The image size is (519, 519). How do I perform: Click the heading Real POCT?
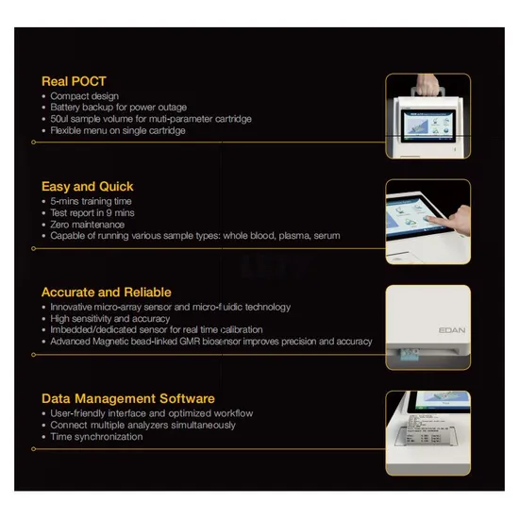pyautogui.click(x=74, y=81)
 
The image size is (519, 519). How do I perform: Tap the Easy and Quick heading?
pyautogui.click(x=88, y=187)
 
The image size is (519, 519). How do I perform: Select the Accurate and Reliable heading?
pyautogui.click(x=107, y=293)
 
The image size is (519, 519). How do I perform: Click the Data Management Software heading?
pyautogui.click(x=128, y=398)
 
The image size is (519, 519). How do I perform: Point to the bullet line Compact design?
pyautogui.click(x=84, y=96)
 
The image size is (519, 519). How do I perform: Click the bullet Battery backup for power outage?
pyautogui.click(x=119, y=108)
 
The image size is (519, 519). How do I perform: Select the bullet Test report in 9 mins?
pyautogui.click(x=92, y=212)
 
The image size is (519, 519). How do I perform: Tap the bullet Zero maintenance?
pyautogui.click(x=88, y=225)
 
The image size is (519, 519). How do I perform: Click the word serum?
pyautogui.click(x=326, y=236)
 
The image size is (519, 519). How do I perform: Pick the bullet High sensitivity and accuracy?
pyautogui.click(x=109, y=318)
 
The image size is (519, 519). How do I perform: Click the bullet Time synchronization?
pyautogui.click(x=96, y=437)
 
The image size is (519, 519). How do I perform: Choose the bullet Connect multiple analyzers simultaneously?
pyautogui.click(x=142, y=425)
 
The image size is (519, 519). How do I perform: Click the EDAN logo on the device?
pyautogui.click(x=452, y=330)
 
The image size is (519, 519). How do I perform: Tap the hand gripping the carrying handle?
pyautogui.click(x=427, y=85)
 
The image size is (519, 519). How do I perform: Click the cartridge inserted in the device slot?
pyautogui.click(x=410, y=355)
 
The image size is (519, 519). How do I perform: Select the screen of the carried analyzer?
pyautogui.click(x=428, y=126)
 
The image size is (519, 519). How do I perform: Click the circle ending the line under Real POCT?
pyautogui.click(x=33, y=142)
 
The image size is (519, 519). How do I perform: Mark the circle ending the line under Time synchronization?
pyautogui.click(x=33, y=449)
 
